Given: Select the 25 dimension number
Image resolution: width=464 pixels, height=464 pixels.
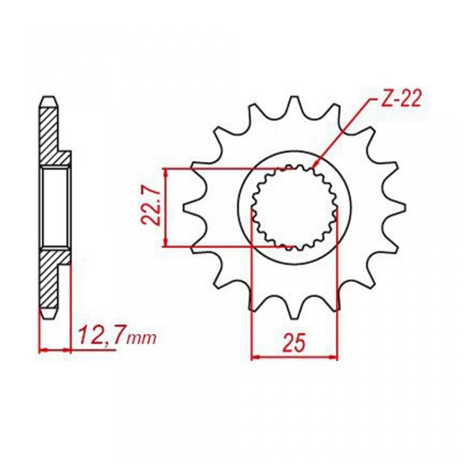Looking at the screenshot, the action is click(294, 343).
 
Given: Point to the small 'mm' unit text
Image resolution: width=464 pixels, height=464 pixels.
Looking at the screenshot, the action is click(141, 339).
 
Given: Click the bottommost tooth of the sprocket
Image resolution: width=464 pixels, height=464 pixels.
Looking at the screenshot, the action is click(294, 310).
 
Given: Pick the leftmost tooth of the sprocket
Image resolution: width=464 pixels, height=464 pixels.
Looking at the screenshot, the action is click(193, 208).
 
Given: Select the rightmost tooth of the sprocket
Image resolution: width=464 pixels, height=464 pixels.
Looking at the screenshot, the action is click(396, 208).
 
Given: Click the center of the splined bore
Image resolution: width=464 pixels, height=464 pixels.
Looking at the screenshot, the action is click(295, 208).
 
